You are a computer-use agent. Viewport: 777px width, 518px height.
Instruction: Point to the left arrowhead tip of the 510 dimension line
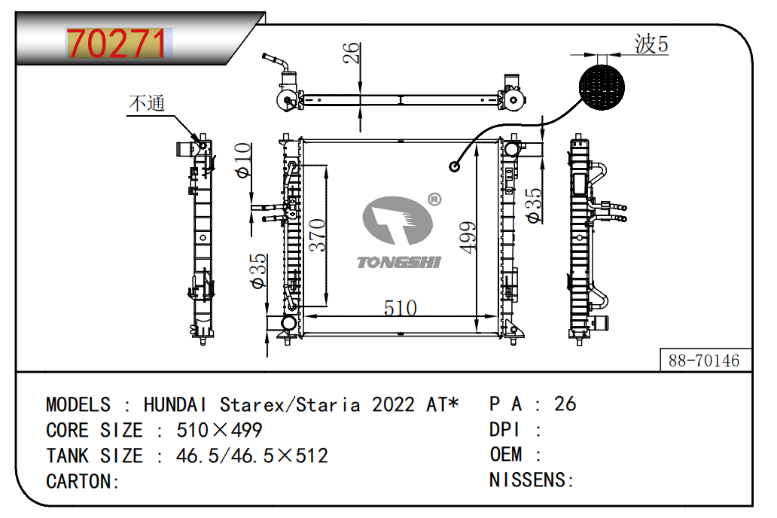304,316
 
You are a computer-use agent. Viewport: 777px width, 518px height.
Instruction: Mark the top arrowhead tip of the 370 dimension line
326,166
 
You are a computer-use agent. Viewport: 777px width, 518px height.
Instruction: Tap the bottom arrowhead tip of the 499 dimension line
476,331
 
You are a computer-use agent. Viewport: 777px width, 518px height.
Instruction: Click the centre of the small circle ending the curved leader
455,166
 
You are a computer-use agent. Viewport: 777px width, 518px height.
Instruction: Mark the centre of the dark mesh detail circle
602,88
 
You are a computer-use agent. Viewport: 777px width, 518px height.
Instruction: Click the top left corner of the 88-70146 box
660,349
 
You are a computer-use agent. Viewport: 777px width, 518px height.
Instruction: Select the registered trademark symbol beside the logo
434,200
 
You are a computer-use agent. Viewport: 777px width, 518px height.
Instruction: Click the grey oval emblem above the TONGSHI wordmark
398,220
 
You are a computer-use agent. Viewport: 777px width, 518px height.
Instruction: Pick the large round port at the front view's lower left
288,323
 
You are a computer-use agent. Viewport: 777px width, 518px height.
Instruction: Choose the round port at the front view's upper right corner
512,148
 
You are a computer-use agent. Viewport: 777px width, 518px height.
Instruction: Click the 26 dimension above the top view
351,53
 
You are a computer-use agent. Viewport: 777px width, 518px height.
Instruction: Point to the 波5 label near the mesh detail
651,44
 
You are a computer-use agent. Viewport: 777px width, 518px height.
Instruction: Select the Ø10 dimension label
242,160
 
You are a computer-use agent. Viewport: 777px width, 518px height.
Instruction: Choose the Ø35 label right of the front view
533,205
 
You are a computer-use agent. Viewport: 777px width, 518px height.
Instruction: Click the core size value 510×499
219,430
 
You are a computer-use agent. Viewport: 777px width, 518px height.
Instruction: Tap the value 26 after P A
565,404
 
